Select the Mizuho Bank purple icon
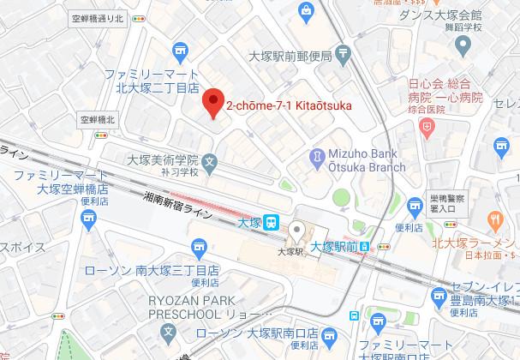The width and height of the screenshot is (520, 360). point(318,158)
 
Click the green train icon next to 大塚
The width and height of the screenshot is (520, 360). point(271,222)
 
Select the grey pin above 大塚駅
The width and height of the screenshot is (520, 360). point(296,230)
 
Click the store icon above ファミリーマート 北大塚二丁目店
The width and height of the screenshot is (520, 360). point(178,50)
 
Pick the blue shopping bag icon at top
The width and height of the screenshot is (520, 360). point(306,10)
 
